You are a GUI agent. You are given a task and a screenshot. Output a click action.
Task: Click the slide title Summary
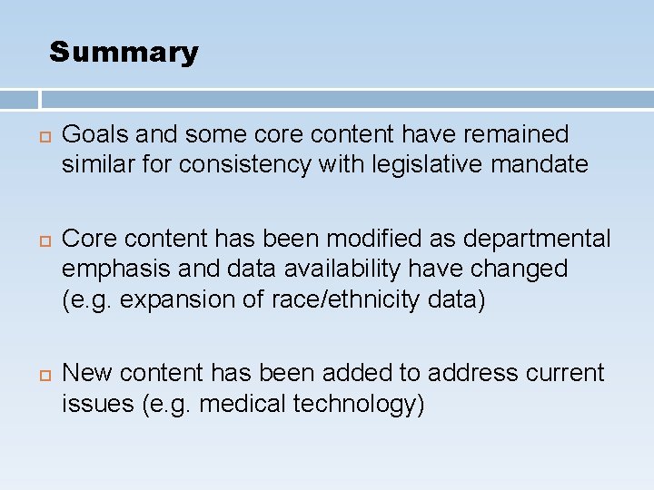pos(124,53)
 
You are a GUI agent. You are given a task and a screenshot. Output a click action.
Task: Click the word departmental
pos(538,239)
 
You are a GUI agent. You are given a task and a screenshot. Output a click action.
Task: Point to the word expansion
pos(169,299)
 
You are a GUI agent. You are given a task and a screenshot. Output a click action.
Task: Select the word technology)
pos(359,403)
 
